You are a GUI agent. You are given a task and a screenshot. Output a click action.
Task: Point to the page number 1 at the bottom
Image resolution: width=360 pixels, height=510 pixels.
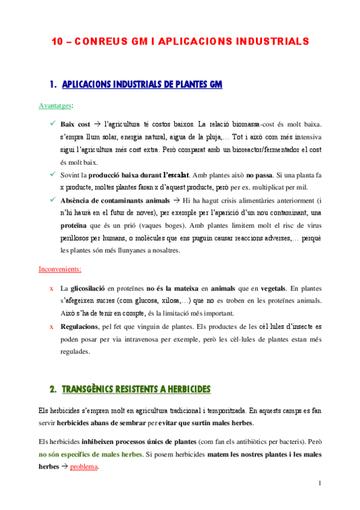[x=320, y=484]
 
